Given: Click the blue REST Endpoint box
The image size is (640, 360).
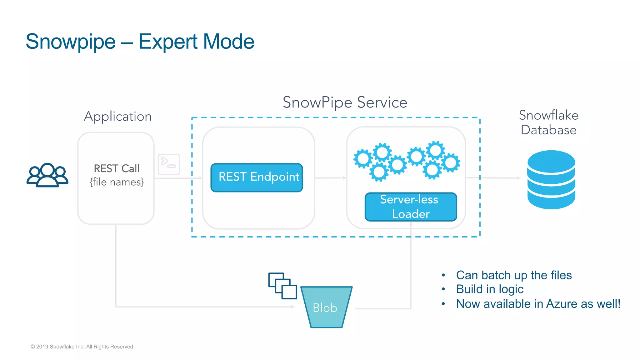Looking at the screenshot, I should point(257,177).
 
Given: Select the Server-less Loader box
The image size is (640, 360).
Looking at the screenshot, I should point(411,207).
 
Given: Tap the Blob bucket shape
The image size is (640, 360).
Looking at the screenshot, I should point(326,307).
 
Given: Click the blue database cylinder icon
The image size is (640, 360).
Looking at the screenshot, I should point(551,179).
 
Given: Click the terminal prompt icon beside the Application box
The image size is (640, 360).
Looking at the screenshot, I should point(169,164).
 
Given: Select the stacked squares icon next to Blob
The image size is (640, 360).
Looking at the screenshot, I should point(282,286).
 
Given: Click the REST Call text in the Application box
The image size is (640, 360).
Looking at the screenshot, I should point(117,168).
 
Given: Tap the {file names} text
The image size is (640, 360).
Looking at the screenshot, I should point(117,182).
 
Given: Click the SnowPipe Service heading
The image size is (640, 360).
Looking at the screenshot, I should point(345,102).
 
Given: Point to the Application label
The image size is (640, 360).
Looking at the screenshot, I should point(117,116).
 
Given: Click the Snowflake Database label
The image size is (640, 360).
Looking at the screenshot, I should point(548,122).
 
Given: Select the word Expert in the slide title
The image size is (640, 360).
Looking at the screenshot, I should point(167,42).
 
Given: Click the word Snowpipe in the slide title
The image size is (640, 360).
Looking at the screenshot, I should point(71,42).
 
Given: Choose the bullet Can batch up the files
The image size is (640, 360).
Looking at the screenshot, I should point(513,275).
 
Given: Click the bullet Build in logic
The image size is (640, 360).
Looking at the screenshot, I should point(489,289).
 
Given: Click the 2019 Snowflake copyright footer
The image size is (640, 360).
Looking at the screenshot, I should point(82,347).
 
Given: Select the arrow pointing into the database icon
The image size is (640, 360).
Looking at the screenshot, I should point(500,178).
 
